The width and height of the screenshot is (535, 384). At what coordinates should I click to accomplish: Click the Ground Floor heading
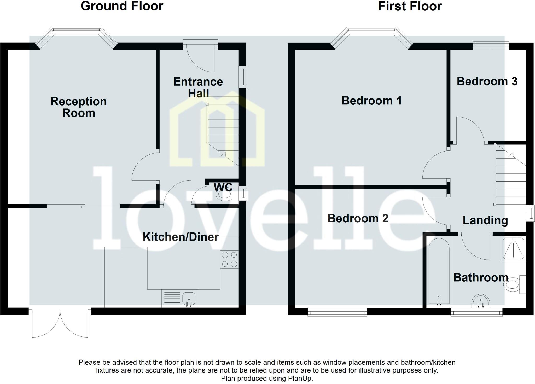pyautogui.click(x=122, y=6)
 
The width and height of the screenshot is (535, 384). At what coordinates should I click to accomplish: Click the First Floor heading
pyautogui.click(x=410, y=6)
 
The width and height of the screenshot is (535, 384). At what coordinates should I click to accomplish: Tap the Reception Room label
pyautogui.click(x=79, y=107)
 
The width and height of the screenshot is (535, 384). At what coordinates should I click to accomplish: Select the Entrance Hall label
pyautogui.click(x=198, y=87)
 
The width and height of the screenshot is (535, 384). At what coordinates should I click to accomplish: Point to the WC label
pyautogui.click(x=223, y=187)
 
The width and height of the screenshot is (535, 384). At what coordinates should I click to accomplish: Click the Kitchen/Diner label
pyautogui.click(x=181, y=237)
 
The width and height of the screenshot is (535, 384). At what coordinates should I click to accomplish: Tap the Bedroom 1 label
pyautogui.click(x=371, y=101)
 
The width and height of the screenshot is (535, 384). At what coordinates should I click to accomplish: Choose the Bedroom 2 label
pyautogui.click(x=358, y=218)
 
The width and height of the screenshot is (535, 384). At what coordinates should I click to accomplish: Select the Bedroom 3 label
pyautogui.click(x=487, y=81)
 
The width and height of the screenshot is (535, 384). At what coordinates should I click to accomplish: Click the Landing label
pyautogui.click(x=485, y=220)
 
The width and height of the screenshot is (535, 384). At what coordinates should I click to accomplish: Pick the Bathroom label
pyautogui.click(x=480, y=277)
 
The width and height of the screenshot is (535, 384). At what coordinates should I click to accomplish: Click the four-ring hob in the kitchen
pyautogui.click(x=229, y=259)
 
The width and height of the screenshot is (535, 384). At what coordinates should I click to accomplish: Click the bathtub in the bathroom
pyautogui.click(x=439, y=272)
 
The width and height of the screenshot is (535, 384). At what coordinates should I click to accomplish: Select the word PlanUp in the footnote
pyautogui.click(x=300, y=379)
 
